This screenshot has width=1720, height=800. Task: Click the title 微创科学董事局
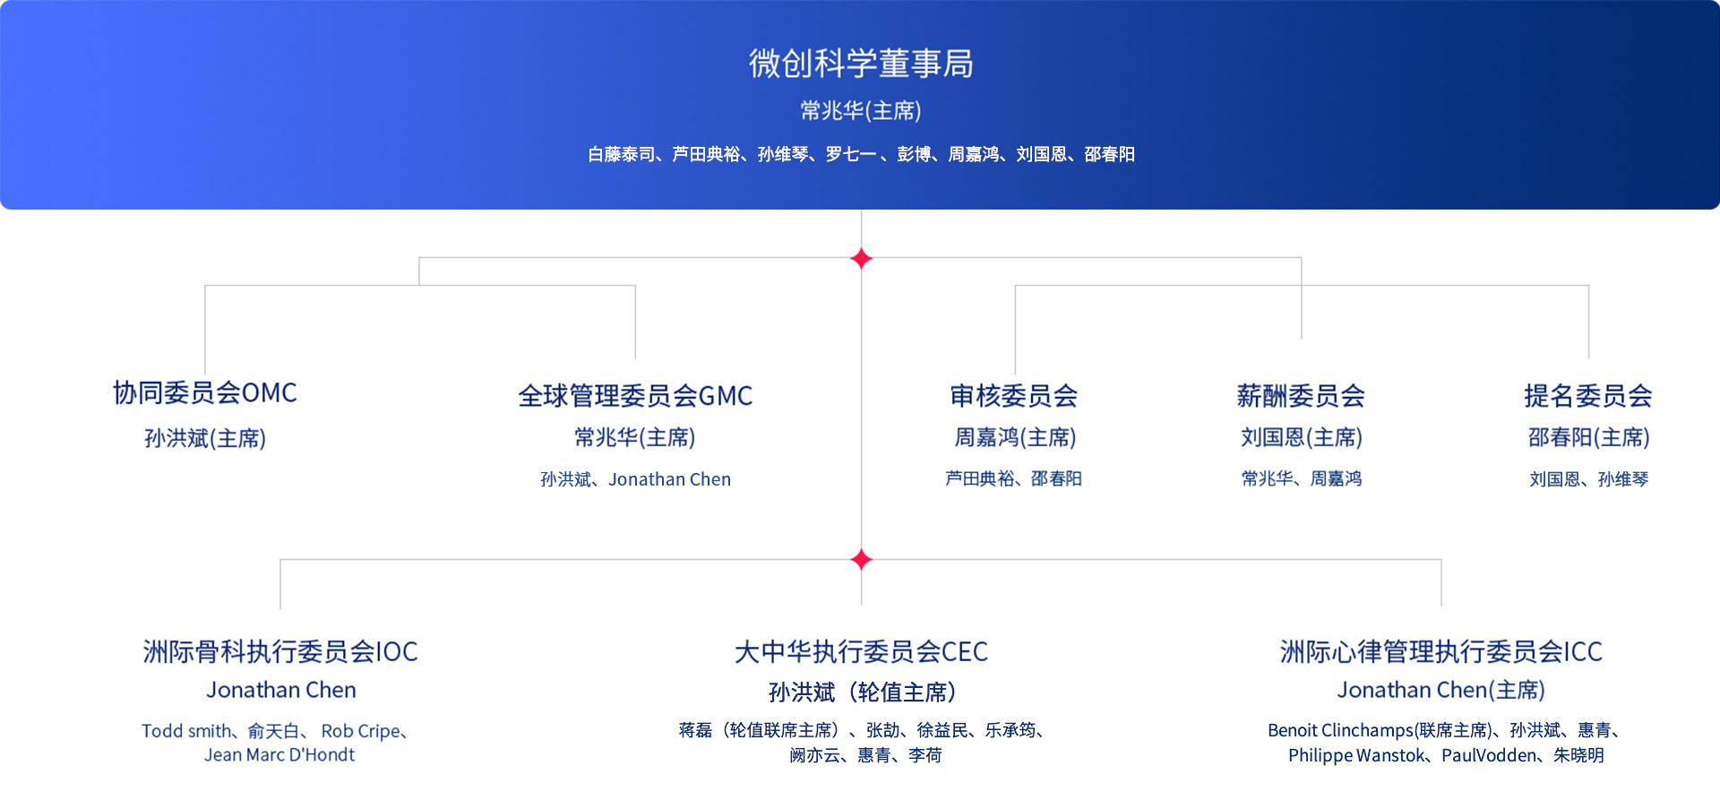(861, 64)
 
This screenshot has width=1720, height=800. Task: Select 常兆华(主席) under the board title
(861, 110)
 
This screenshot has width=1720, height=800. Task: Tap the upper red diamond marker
(861, 258)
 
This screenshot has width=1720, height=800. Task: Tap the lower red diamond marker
(861, 559)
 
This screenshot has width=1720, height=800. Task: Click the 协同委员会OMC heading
(205, 392)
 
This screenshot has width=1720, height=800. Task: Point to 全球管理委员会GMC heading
(635, 395)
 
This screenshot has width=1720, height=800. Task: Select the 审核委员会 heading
(1014, 395)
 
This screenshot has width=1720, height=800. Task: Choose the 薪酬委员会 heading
(1301, 395)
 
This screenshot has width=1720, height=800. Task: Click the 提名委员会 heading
(1588, 395)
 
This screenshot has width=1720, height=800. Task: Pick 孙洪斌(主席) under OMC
(205, 438)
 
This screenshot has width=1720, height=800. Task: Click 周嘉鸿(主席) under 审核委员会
(1015, 437)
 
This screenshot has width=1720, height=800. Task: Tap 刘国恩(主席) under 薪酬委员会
(1302, 437)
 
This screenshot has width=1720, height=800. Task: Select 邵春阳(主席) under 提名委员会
(1588, 437)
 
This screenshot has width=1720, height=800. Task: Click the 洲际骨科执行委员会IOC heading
(280, 651)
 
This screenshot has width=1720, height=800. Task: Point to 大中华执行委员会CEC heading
(861, 651)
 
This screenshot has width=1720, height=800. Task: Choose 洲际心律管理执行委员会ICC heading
(1441, 651)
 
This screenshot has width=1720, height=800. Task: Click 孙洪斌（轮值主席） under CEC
(862, 692)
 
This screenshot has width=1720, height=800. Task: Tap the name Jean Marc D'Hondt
(279, 755)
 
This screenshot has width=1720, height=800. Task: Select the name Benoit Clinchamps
(1340, 730)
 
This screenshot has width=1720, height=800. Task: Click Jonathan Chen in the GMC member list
(670, 479)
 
